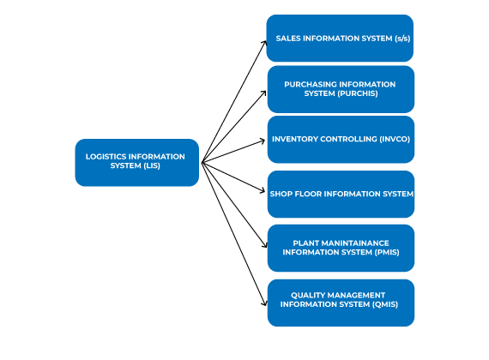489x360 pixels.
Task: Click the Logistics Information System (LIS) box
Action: point(137,162)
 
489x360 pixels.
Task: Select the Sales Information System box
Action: point(340,38)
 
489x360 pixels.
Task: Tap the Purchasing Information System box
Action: point(341,89)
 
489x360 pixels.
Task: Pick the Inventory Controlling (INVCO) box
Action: point(341,140)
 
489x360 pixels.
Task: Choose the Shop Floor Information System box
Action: point(341,194)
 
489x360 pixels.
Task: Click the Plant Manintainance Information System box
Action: point(341,248)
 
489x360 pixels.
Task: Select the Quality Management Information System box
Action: point(341,303)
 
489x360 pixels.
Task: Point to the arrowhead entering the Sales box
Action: point(265,43)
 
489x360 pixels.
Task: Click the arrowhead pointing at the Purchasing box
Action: point(264,93)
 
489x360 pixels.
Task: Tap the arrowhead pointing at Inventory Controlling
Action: point(263,141)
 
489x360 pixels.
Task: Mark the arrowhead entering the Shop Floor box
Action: point(263,190)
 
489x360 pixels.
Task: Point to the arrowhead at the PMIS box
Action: point(265,245)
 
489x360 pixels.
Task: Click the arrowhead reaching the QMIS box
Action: point(265,303)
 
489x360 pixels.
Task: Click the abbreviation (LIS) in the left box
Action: point(152,165)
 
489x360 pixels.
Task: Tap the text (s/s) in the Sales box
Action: point(402,39)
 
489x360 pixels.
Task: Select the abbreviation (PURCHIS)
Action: point(358,93)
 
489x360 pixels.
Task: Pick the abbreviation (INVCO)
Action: point(395,139)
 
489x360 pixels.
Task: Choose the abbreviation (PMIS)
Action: point(387,252)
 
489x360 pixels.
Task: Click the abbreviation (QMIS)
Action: point(385,304)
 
